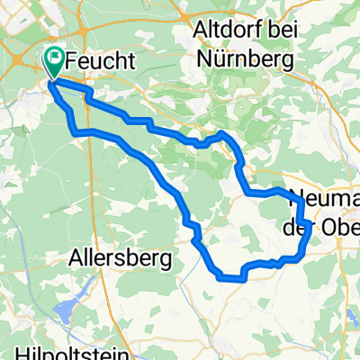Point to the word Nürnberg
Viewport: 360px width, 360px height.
click(245, 62)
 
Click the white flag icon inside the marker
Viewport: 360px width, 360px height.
click(56, 60)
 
